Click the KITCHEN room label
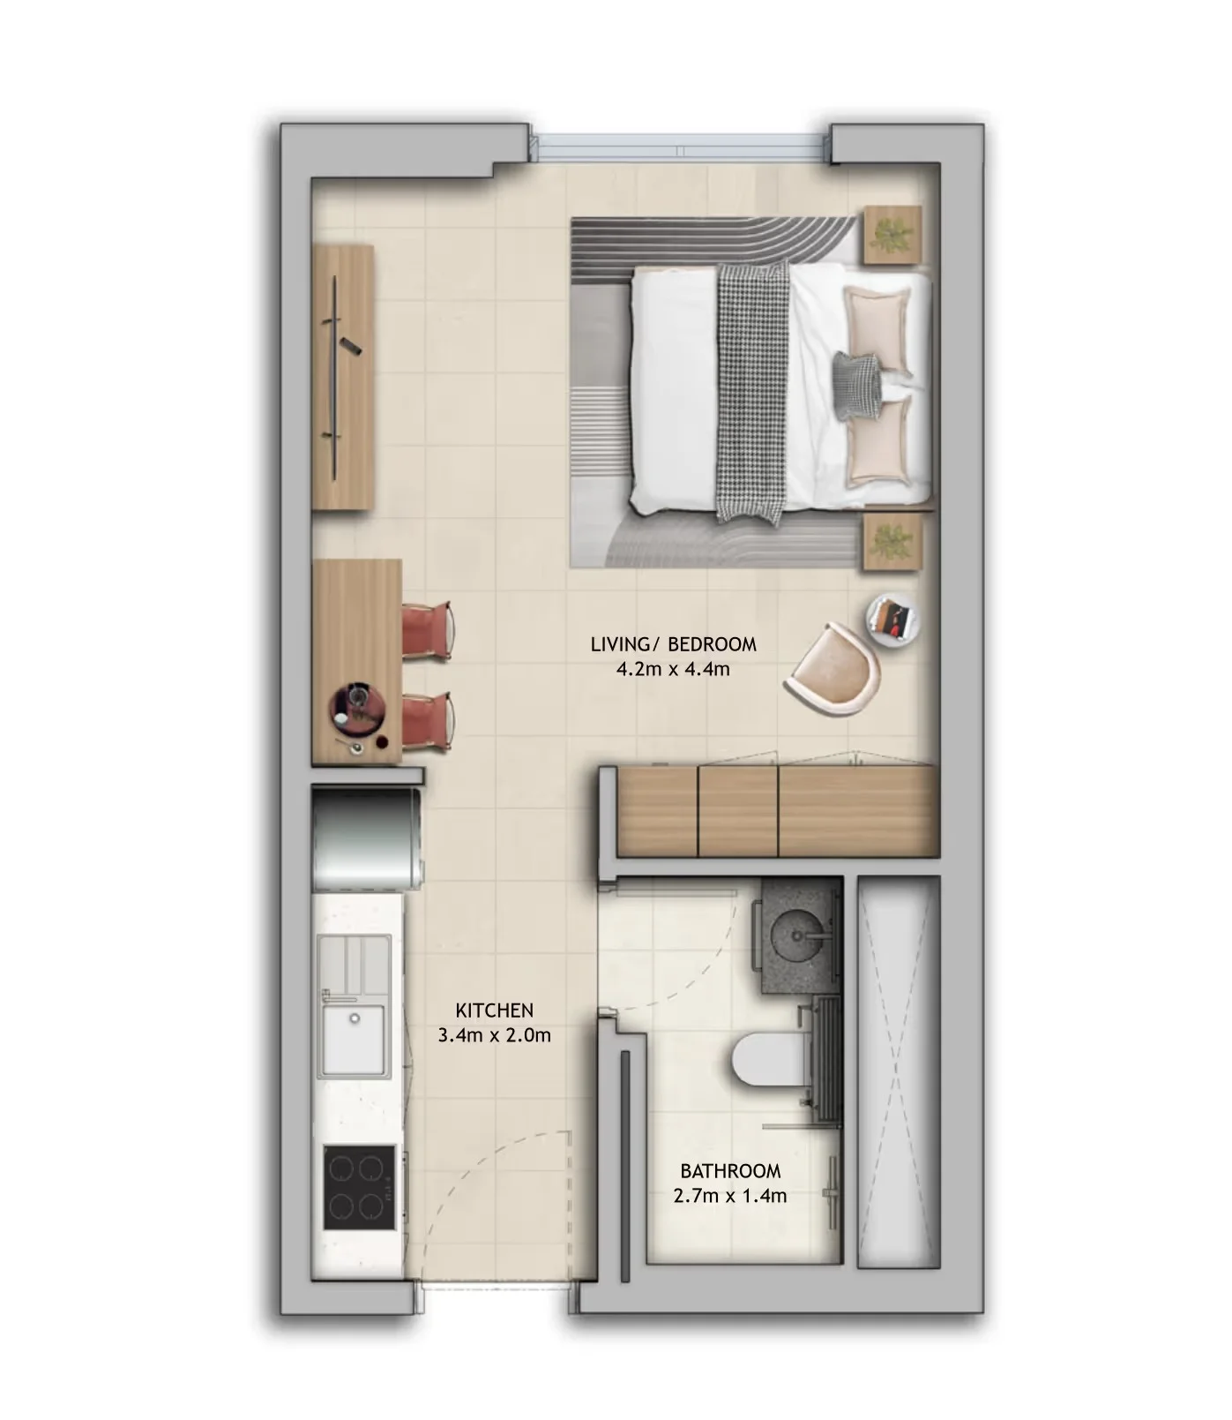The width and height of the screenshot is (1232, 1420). click(494, 1010)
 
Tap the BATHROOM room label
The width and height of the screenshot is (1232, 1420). click(730, 1171)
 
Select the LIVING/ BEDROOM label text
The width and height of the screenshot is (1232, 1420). click(673, 644)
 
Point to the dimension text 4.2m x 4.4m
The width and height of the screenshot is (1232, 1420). click(673, 668)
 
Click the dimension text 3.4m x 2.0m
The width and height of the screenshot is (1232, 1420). click(494, 1034)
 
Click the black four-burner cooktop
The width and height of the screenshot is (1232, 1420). click(359, 1187)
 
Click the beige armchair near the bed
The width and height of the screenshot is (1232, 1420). click(836, 668)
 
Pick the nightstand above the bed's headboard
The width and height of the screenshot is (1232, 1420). click(892, 235)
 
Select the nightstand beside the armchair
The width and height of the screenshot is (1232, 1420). click(892, 542)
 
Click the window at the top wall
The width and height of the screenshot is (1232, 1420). click(683, 143)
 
